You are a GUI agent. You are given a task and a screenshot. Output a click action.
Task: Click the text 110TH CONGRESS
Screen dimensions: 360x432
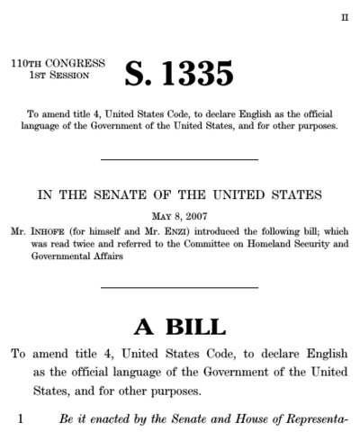point(57,63)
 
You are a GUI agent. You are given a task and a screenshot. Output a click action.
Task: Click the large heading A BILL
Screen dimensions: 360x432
point(180,327)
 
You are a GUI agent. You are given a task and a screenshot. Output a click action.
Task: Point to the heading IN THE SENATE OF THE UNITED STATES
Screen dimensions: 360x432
point(180,194)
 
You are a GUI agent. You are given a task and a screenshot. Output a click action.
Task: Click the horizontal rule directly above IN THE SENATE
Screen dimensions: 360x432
point(180,160)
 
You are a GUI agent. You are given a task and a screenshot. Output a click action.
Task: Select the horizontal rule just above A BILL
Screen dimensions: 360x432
point(180,288)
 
